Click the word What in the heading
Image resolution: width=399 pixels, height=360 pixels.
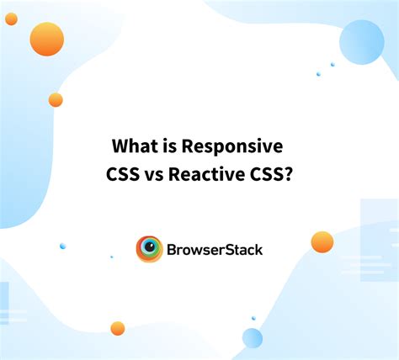[135, 146]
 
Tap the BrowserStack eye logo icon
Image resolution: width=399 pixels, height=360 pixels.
[149, 249]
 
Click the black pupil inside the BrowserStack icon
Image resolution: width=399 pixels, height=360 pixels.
[149, 249]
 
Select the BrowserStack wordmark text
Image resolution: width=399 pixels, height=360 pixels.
[215, 250]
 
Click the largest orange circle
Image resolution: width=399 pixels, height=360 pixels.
[47, 39]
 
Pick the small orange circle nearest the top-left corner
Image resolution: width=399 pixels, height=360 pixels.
[11, 19]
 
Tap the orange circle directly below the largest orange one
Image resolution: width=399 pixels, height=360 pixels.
[56, 100]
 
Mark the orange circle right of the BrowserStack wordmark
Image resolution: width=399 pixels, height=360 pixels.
[322, 242]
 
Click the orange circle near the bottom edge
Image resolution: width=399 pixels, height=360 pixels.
[118, 329]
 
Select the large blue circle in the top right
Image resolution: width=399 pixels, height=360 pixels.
[361, 42]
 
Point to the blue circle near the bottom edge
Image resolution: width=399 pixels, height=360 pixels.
[252, 338]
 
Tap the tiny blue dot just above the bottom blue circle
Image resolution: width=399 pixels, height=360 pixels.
[253, 318]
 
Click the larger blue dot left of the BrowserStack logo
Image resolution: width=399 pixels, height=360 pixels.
[62, 246]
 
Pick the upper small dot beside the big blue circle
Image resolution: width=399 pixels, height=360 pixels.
[332, 64]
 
